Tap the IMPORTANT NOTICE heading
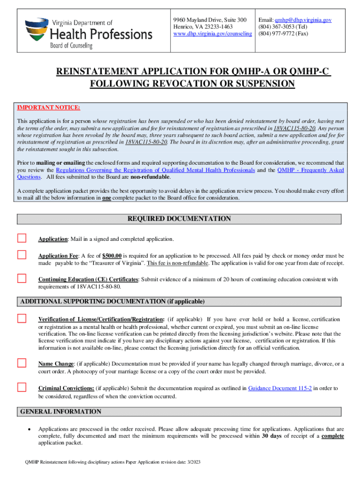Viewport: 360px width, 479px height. (49, 108)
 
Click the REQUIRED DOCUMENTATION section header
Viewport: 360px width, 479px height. (180, 218)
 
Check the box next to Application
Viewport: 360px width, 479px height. (22, 238)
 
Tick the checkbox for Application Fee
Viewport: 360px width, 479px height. (22, 255)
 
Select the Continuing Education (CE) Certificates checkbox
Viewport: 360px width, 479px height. (22, 278)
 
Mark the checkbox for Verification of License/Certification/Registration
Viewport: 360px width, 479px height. (22, 319)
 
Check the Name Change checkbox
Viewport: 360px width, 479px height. (22, 363)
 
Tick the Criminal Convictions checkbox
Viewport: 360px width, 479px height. (22, 387)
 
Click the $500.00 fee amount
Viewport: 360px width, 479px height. (112, 256)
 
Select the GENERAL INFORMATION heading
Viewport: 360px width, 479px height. (61, 412)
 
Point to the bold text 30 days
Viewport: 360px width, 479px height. (272, 436)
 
